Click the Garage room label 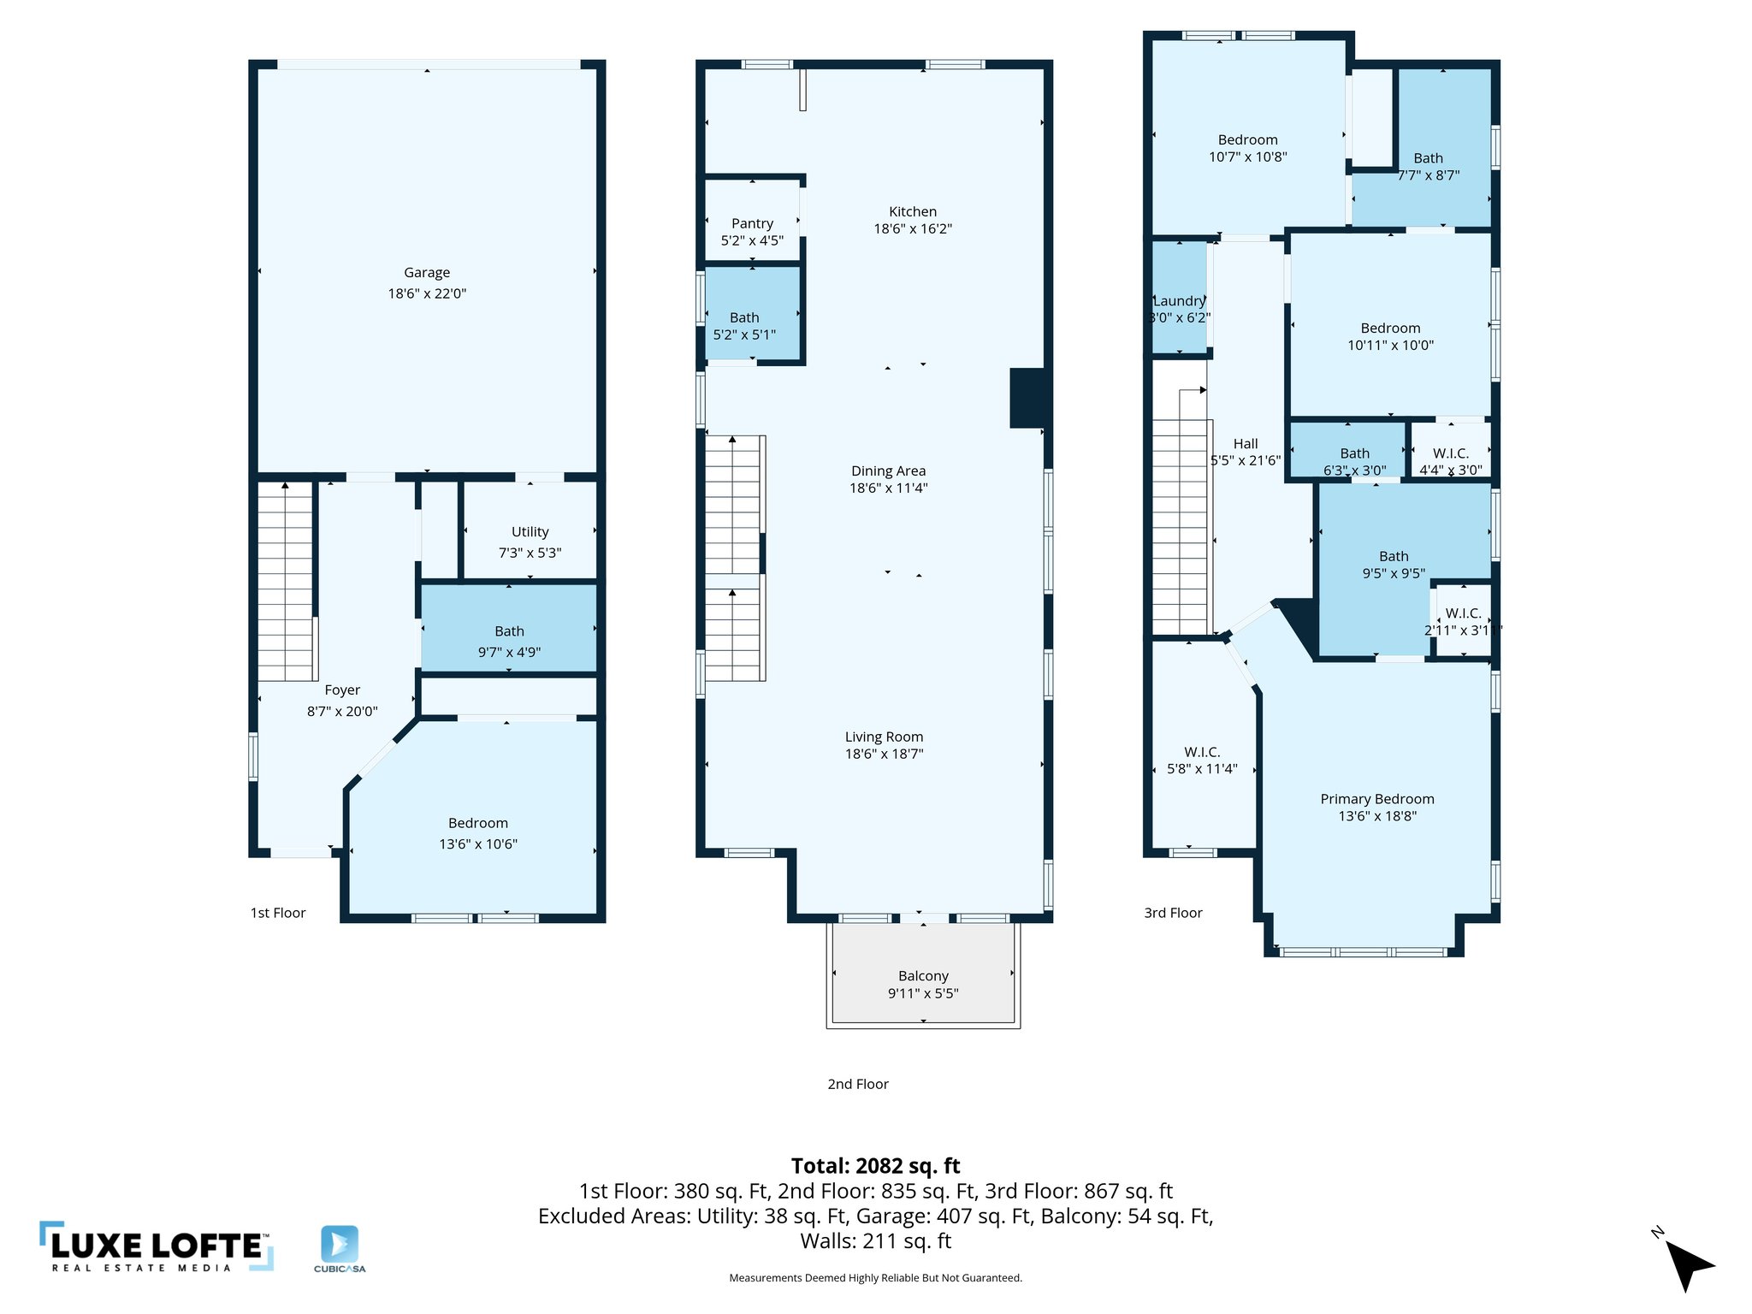(427, 273)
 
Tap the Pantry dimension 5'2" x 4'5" (752, 241)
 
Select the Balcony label (923, 976)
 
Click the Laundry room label (1179, 301)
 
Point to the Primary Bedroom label (1376, 799)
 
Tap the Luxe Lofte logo (157, 1247)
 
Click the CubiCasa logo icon (340, 1244)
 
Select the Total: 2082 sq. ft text (875, 1166)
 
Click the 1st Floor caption (278, 913)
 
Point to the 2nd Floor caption (858, 1084)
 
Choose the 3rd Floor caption (1173, 913)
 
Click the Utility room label (530, 532)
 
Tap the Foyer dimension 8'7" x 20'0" (342, 711)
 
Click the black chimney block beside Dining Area (1027, 398)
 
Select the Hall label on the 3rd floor (1246, 444)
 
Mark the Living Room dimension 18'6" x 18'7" (884, 755)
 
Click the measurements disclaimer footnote (875, 1278)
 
